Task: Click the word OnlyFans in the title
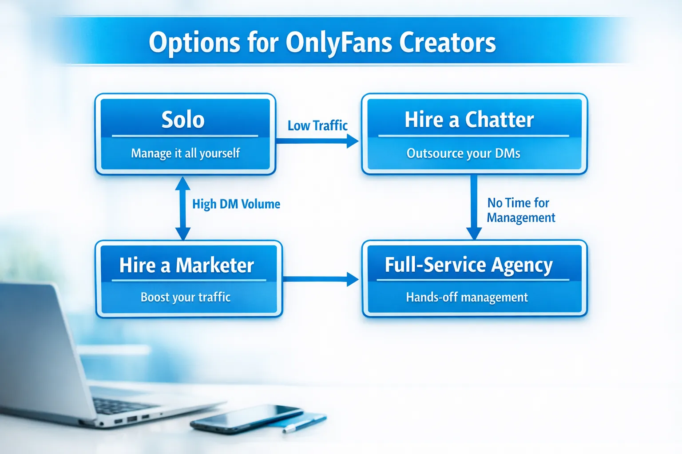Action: [339, 43]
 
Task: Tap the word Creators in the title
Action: [447, 43]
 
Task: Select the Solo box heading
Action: [183, 120]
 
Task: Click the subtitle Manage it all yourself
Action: [185, 153]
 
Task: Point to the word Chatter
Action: [499, 120]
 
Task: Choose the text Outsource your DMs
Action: [463, 153]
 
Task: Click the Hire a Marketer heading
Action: [186, 266]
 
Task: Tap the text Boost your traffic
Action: [186, 297]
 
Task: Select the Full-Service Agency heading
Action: [468, 265]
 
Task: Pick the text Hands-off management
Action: [467, 297]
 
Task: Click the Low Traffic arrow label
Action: [317, 126]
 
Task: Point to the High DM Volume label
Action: [236, 204]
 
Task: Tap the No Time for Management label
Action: [520, 210]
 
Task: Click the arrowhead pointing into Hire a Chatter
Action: [353, 141]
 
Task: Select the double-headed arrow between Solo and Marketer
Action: [182, 208]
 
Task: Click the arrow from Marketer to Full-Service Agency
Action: [320, 279]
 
